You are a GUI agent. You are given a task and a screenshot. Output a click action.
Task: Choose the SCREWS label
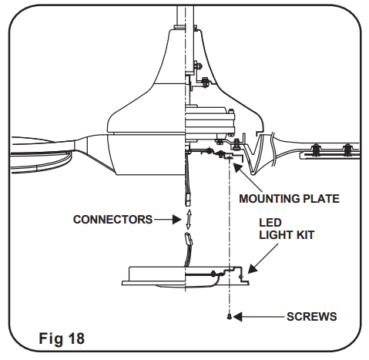coord(310,316)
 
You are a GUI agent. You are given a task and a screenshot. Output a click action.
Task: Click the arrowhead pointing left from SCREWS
coord(237,316)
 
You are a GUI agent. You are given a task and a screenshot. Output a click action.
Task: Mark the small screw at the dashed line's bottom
coord(229,316)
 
